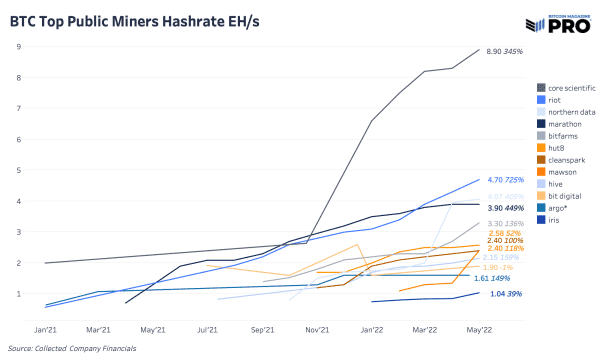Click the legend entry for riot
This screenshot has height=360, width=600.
click(x=553, y=99)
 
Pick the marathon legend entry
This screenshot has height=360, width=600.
click(x=561, y=125)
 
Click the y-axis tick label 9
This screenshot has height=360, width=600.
click(x=20, y=46)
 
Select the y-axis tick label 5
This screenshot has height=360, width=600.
click(x=20, y=170)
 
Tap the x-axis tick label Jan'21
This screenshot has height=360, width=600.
click(x=46, y=328)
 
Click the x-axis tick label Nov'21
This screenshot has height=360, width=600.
click(x=317, y=328)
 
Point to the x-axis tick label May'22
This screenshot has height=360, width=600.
click(x=479, y=328)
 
